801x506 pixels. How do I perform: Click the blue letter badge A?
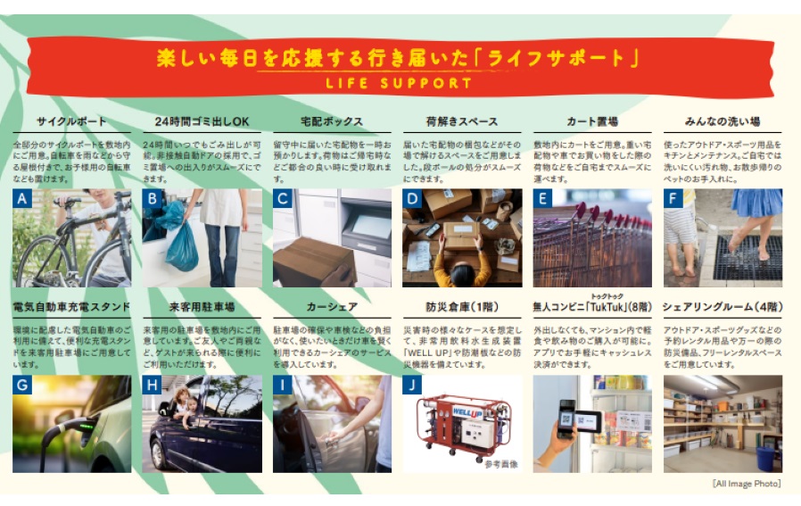pos(22,199)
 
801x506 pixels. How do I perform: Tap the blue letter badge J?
pos(412,386)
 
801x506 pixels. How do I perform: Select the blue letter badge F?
pos(673,199)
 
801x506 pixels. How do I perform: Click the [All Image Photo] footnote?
pos(747,483)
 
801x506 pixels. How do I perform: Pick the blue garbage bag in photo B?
pos(181,245)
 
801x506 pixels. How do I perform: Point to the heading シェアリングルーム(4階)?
pos(722,307)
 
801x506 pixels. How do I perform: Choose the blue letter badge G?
pos(22,386)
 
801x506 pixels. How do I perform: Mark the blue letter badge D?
pos(412,199)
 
